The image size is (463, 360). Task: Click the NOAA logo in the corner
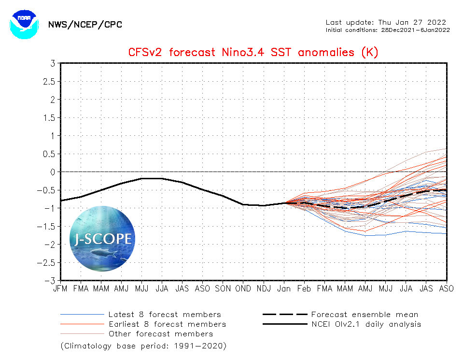(23, 24)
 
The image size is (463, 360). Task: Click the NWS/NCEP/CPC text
(85, 25)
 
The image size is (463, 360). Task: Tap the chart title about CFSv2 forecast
(253, 52)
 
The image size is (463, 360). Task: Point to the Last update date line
(386, 22)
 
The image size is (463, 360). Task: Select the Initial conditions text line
(388, 29)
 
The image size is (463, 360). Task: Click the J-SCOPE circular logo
(102, 238)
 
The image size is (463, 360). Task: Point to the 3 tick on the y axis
(52, 63)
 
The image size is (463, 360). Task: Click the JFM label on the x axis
(60, 288)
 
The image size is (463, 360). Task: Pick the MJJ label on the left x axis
(141, 288)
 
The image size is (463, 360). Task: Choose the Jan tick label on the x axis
(284, 288)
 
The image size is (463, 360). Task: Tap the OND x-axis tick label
(243, 288)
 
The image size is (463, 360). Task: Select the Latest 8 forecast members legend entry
(164, 315)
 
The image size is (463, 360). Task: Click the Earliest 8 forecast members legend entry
(167, 324)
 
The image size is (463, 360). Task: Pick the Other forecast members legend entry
(160, 334)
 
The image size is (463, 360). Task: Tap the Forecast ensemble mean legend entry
(365, 315)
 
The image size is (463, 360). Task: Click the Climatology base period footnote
(143, 346)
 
